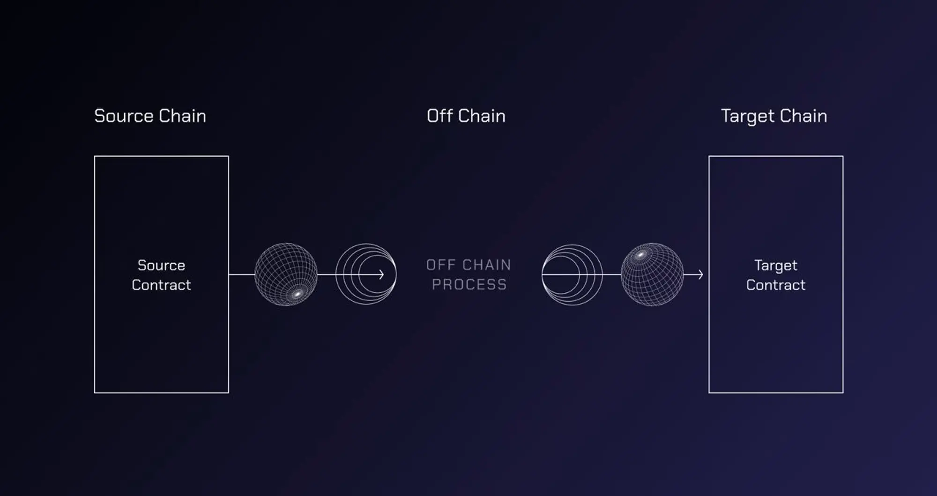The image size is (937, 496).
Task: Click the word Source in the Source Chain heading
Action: (x=124, y=116)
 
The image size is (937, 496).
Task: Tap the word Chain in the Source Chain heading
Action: (x=182, y=116)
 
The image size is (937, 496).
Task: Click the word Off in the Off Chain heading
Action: (x=439, y=116)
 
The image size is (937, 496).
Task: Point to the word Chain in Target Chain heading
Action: (x=803, y=116)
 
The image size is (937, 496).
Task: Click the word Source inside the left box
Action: (x=161, y=266)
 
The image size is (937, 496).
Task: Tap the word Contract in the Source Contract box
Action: (x=161, y=285)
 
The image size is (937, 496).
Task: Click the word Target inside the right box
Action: (x=776, y=266)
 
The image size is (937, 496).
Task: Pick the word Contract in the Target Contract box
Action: (x=776, y=285)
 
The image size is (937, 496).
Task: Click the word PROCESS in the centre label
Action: (x=469, y=284)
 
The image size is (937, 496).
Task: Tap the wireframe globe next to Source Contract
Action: (x=286, y=274)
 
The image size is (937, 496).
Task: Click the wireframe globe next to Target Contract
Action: (x=652, y=274)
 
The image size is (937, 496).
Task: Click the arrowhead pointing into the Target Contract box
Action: (x=701, y=274)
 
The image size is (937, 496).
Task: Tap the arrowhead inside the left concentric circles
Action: (x=381, y=274)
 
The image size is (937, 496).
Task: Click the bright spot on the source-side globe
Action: (x=297, y=294)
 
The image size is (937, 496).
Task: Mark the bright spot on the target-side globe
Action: (x=640, y=255)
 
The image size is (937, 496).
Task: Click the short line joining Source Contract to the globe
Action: (x=242, y=274)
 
